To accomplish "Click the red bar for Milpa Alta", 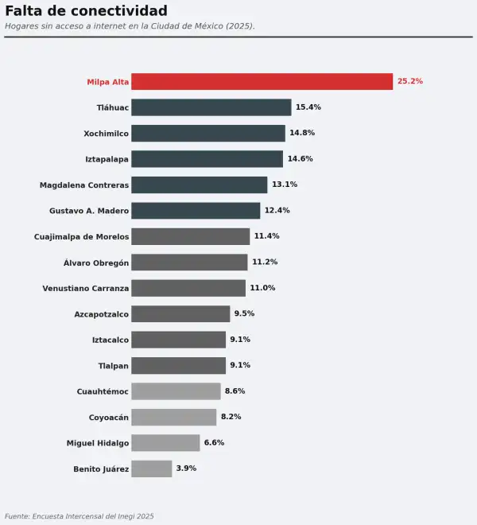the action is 262,81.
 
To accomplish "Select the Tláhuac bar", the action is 211,107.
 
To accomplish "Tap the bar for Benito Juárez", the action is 152,469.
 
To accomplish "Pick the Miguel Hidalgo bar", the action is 165,442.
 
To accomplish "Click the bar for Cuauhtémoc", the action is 176,391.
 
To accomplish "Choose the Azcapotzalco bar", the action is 180,313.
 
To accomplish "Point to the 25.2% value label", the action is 410,81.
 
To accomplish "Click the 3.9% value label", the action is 186,468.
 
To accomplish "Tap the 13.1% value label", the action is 285,185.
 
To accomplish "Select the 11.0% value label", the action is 262,288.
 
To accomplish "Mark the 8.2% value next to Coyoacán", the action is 231,417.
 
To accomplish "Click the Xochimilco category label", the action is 106,134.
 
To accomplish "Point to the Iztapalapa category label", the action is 107,159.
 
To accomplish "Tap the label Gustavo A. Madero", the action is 89,211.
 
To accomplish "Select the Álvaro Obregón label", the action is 96,262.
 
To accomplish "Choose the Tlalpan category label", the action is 114,366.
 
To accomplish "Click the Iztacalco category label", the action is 111,340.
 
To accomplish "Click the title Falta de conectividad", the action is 87,10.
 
